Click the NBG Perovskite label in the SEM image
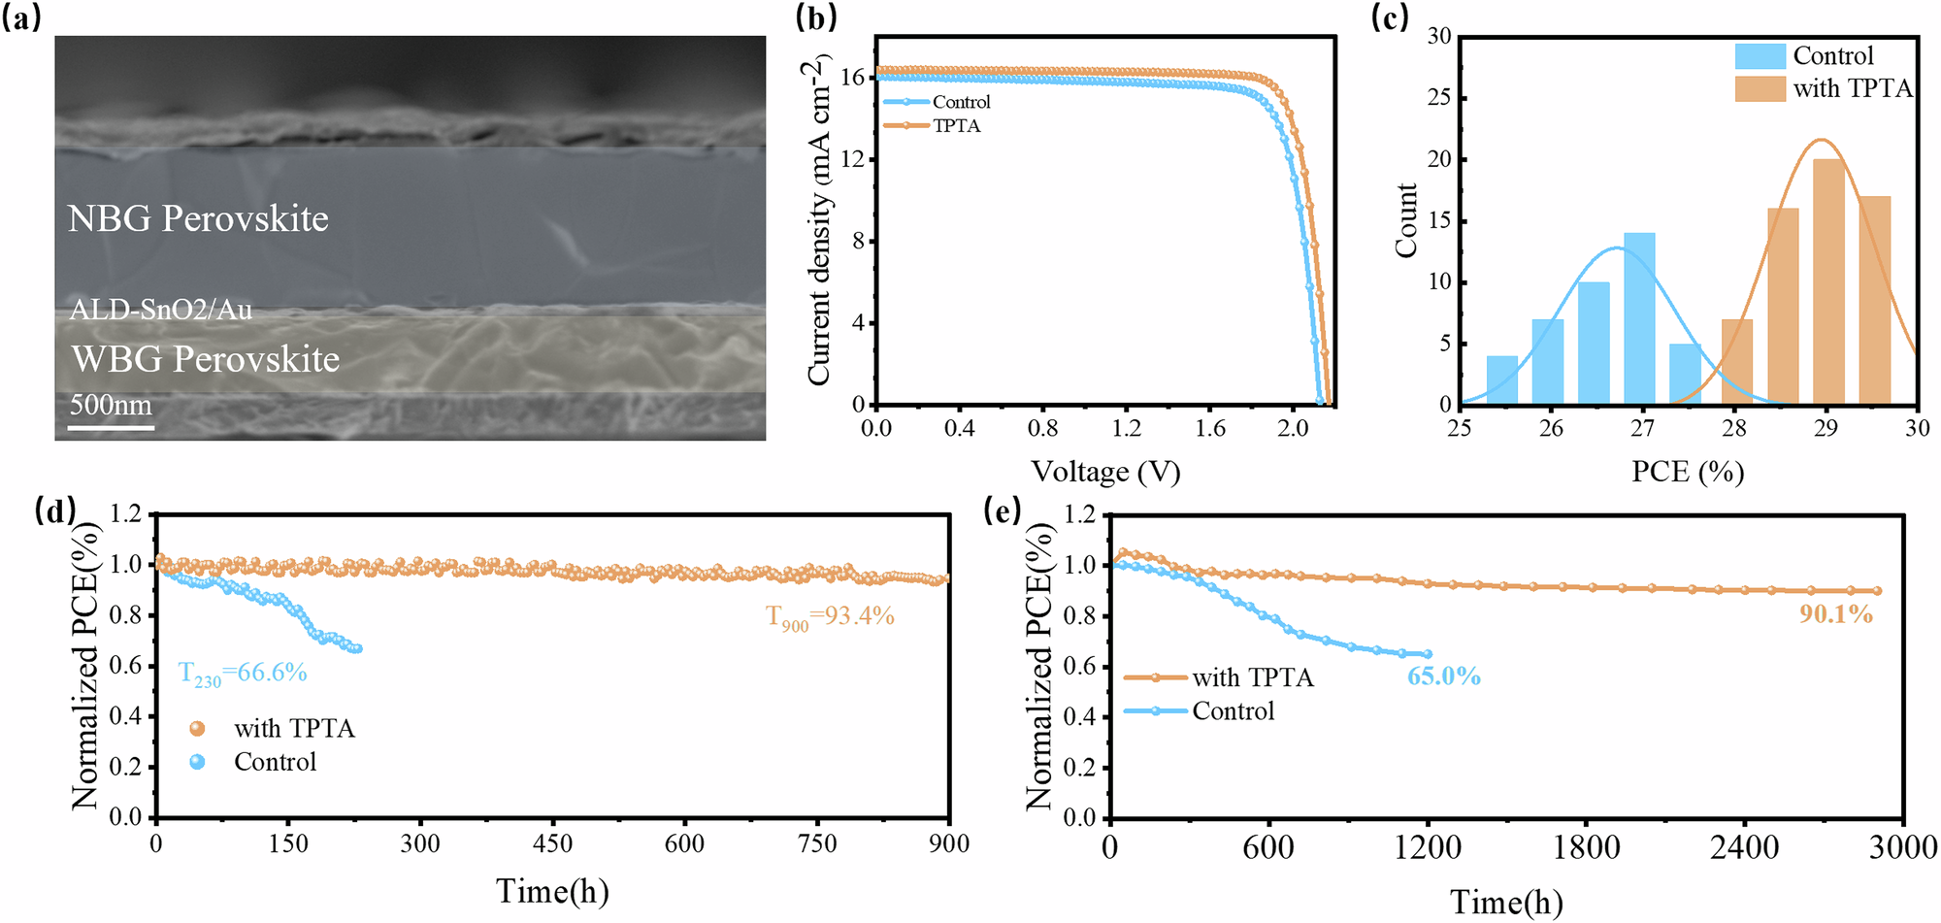tap(198, 218)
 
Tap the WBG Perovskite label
tap(206, 359)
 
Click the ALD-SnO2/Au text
tap(161, 310)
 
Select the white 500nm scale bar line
tap(112, 426)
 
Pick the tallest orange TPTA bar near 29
tap(1828, 281)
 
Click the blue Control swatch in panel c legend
tap(1760, 56)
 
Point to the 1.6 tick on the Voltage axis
tap(1209, 428)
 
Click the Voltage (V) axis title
tap(1105, 472)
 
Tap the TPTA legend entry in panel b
tap(955, 126)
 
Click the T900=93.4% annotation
tap(830, 616)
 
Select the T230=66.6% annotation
tap(243, 674)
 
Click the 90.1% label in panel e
tap(1836, 614)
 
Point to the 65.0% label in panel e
tap(1444, 676)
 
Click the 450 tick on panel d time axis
tap(552, 843)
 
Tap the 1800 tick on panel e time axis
tap(1586, 848)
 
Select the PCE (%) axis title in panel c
tap(1688, 472)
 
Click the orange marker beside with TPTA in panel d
tap(197, 729)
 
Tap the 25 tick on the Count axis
tap(1438, 98)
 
